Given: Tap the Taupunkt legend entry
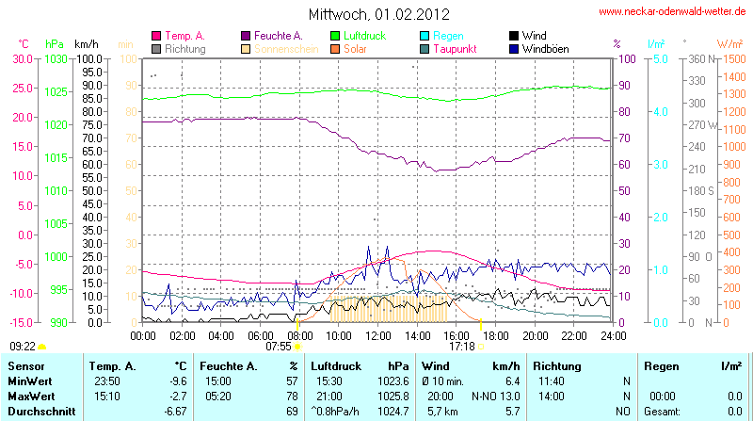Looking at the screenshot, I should (457, 48).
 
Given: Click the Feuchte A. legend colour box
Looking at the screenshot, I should (247, 36).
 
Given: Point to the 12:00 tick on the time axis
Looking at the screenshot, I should (378, 334).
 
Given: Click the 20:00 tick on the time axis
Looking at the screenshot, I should (535, 334).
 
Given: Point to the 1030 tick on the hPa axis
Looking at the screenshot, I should (56, 58).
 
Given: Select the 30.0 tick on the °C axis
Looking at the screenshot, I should (22, 58).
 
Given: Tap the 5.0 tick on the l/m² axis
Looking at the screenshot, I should (661, 58).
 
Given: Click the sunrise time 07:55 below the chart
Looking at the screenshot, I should (278, 346).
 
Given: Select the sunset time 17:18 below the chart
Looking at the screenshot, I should (461, 346).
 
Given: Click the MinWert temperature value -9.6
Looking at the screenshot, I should (175, 381).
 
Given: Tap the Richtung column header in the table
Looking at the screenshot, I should (557, 365).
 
